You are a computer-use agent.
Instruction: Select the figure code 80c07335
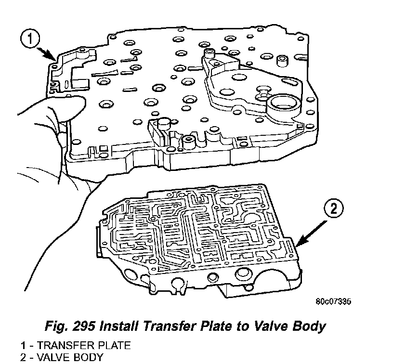pos(333,301)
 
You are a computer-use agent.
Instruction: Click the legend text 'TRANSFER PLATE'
pos(86,345)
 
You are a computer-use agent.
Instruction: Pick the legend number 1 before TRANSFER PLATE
pos(23,345)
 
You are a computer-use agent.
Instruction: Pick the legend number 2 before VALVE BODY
pos(23,357)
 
